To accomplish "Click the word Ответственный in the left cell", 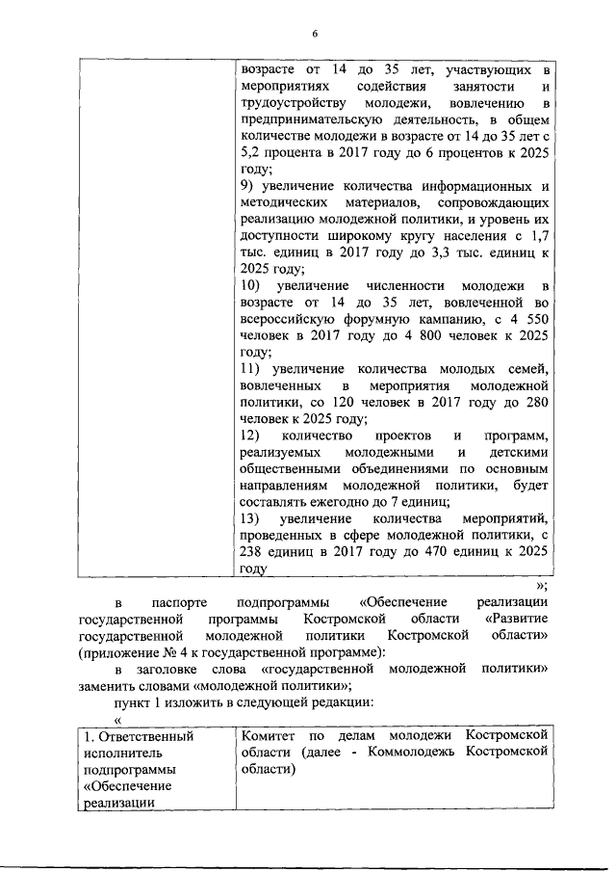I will [144, 736].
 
